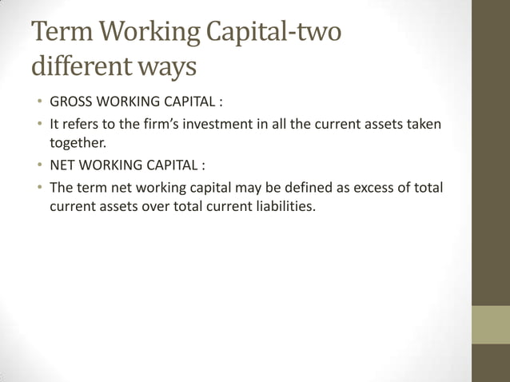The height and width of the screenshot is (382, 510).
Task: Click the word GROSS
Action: (x=70, y=104)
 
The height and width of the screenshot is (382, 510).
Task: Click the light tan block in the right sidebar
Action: (x=491, y=324)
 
